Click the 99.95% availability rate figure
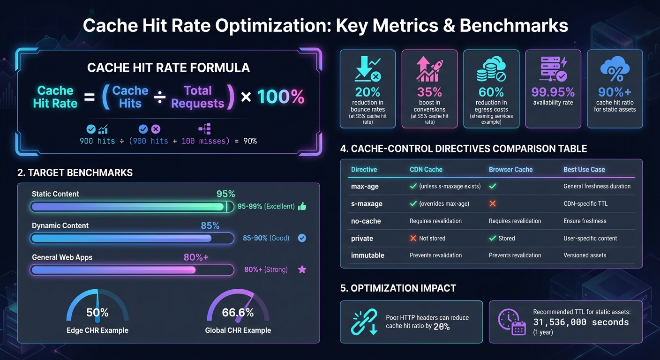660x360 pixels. pos(553,92)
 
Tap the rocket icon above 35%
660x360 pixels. pos(429,69)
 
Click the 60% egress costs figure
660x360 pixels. pos(491,92)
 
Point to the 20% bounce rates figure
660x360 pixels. pos(367,92)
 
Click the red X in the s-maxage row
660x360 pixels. pos(493,204)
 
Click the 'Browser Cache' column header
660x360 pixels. pos(510,170)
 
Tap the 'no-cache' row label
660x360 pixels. pos(366,221)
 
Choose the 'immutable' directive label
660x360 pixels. pos(367,255)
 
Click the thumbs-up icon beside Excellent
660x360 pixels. pos(302,206)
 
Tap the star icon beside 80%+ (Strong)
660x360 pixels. pos(302,270)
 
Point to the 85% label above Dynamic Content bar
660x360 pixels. pos(210,225)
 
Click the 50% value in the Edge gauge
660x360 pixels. pos(97,313)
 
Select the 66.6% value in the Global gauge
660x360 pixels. pos(238,313)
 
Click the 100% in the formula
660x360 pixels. pos(280,97)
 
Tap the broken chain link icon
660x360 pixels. pos(364,322)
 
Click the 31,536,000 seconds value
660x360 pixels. pos(581,322)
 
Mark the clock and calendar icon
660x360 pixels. pos(512,322)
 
